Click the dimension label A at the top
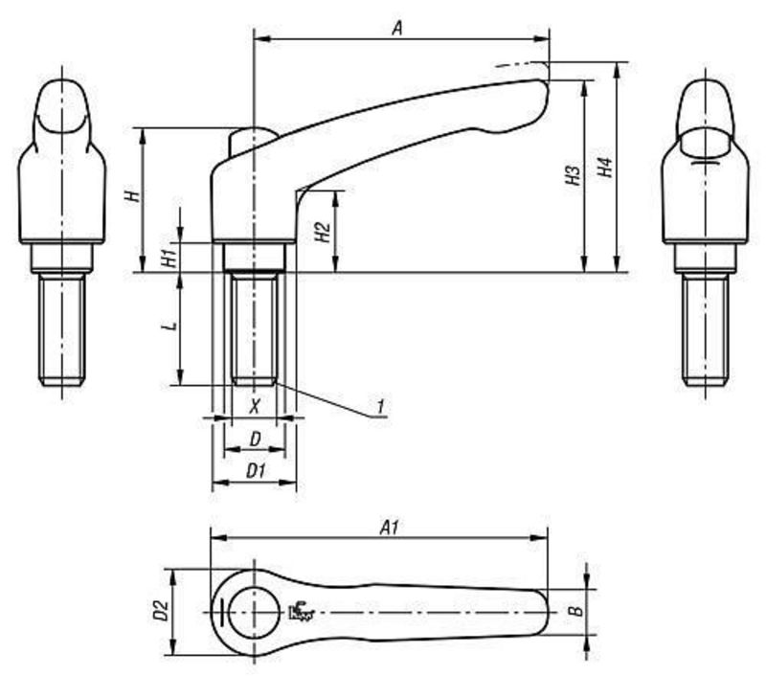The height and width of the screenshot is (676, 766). (397, 29)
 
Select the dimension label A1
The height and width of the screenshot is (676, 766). (390, 527)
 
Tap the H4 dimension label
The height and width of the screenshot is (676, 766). (605, 167)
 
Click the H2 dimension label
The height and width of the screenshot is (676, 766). (323, 232)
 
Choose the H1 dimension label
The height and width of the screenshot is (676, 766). (169, 258)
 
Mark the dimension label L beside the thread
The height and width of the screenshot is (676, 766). (169, 326)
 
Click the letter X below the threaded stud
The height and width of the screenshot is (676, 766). (255, 405)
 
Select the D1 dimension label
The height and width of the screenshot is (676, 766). (256, 471)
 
